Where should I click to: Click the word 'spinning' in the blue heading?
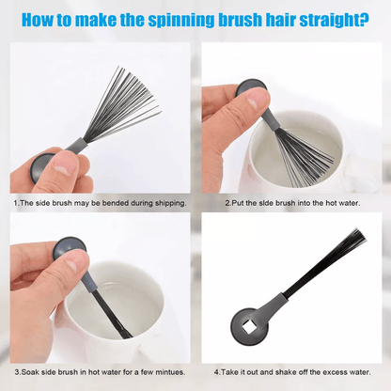pos(180,20)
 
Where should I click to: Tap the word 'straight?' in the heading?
pos(334,20)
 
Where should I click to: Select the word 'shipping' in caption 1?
pos(168,203)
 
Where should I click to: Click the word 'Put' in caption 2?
pos(238,203)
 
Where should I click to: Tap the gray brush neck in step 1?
pos(76,146)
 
